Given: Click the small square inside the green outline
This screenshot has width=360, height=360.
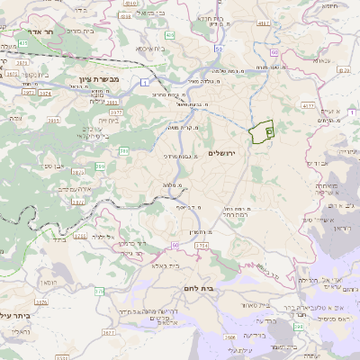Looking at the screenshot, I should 270,131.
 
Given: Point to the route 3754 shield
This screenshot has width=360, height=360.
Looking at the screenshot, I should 201,246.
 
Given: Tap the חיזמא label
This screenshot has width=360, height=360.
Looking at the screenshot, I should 329,6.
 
